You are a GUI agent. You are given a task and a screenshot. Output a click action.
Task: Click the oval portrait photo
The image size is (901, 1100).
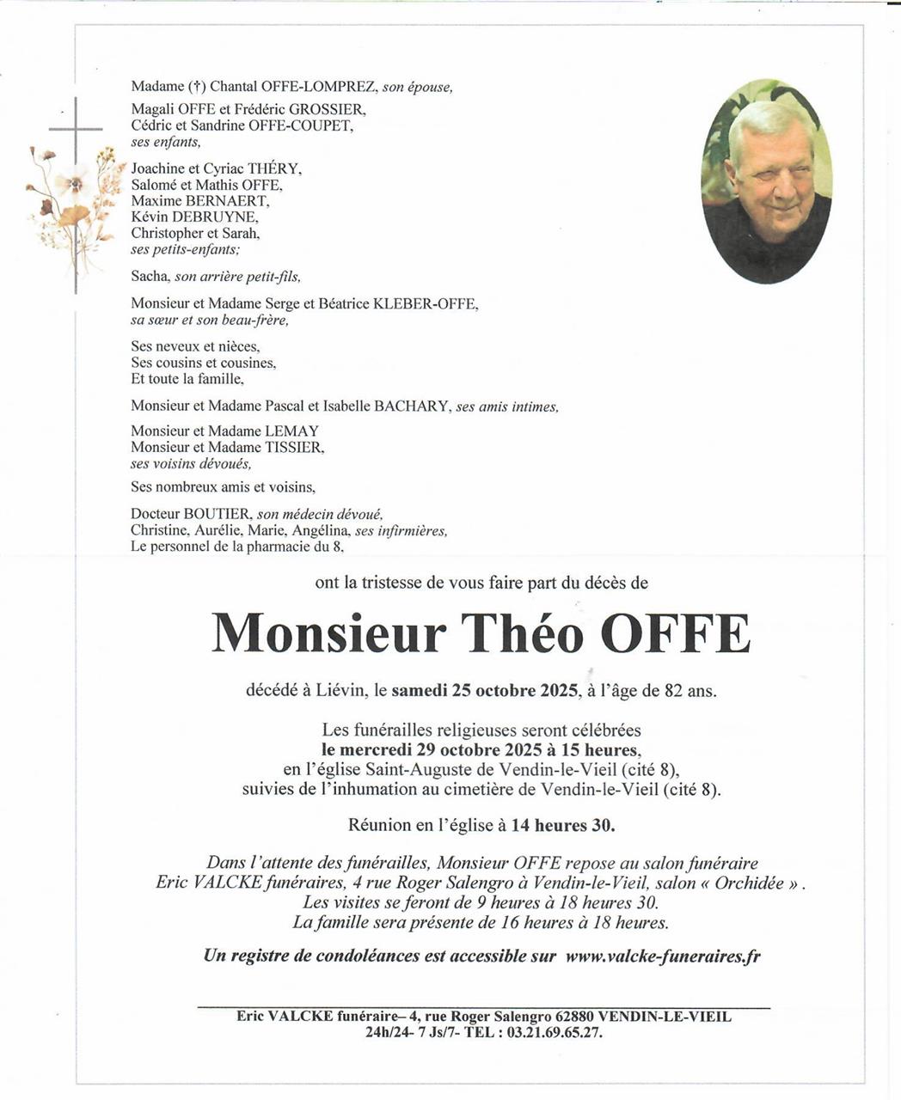click(x=767, y=181)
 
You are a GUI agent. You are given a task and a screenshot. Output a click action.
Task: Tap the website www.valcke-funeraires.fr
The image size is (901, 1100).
click(x=663, y=956)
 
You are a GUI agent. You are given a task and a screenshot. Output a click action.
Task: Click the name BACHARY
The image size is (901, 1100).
click(x=411, y=406)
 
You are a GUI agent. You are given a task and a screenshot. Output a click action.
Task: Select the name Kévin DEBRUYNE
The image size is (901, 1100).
click(x=193, y=217)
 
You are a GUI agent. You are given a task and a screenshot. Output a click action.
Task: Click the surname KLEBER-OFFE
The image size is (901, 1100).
click(x=426, y=303)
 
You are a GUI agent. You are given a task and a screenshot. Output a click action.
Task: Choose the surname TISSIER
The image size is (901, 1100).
click(x=294, y=447)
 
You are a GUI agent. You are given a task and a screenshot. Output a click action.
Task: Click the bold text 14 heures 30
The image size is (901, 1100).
click(x=562, y=825)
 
